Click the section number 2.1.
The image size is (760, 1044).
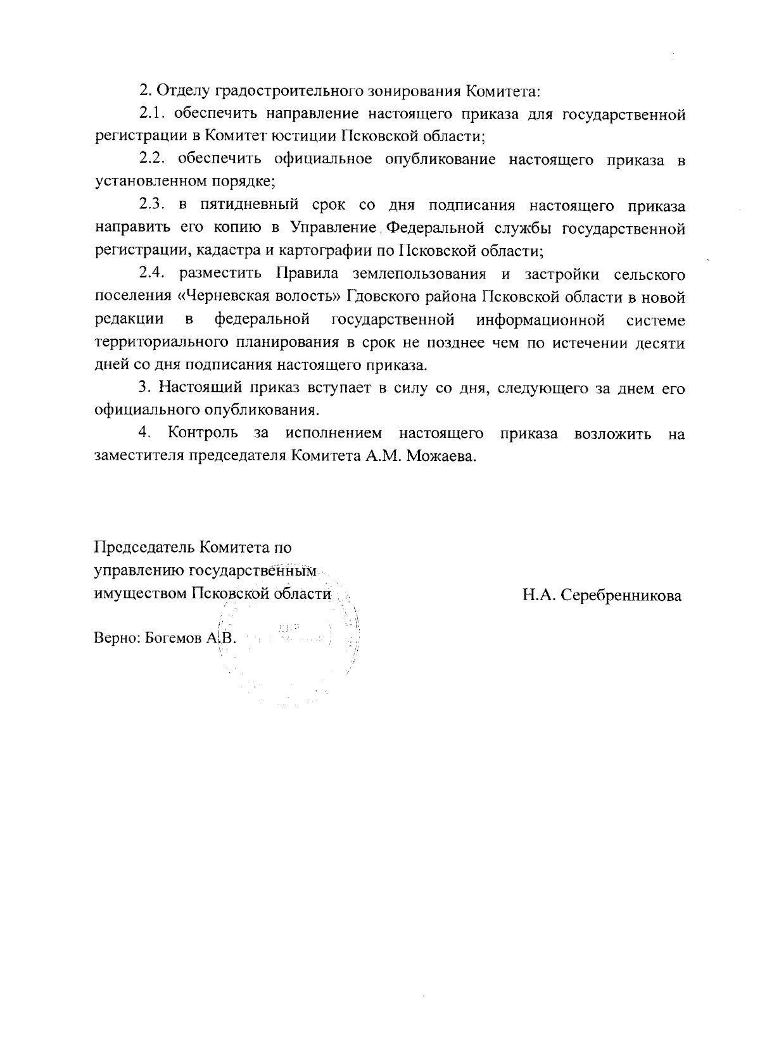(152, 115)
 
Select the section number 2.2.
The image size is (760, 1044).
(152, 160)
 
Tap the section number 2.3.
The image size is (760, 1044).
(152, 206)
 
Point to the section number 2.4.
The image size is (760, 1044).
(152, 274)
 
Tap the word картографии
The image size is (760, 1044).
(324, 250)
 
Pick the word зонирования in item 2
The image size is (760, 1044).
(414, 92)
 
